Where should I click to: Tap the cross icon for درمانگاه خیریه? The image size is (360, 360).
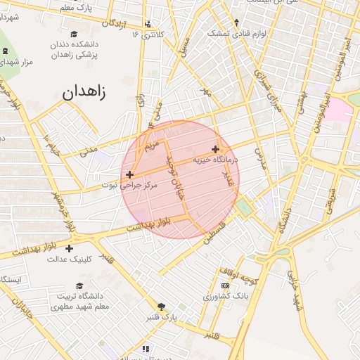click(x=215, y=148)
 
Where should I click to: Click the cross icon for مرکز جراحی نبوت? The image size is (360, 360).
click(x=129, y=174)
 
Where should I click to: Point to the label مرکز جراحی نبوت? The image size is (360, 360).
click(x=129, y=185)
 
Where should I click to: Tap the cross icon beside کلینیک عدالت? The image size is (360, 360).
click(x=69, y=248)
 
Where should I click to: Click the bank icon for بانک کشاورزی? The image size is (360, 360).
click(x=225, y=286)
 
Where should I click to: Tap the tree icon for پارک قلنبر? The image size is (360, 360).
click(x=162, y=307)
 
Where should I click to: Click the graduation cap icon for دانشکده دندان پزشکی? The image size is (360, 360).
click(x=74, y=34)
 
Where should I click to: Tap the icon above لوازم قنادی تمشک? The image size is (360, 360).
click(x=236, y=22)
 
